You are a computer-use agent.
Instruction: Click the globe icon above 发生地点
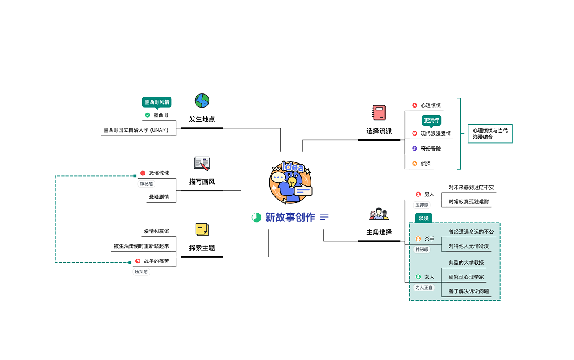tap(202, 101)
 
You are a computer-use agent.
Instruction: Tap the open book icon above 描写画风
tap(202, 163)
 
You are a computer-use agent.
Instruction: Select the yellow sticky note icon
tap(202, 229)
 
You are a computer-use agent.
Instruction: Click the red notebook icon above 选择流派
tap(379, 113)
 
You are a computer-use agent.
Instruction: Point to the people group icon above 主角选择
tap(379, 214)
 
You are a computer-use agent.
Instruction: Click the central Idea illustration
tap(291, 182)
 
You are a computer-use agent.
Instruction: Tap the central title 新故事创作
tap(290, 217)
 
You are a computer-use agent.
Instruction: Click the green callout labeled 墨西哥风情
tap(157, 102)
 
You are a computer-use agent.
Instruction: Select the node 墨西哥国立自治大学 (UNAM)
tap(136, 130)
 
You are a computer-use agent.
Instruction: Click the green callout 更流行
tap(431, 120)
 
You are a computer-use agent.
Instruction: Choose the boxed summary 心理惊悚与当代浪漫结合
tap(490, 134)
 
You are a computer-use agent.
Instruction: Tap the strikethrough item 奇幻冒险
tap(430, 148)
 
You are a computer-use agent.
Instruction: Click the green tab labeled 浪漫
tap(424, 218)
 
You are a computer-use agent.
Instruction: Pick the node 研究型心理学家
tap(466, 277)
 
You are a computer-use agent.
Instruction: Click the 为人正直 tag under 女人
tap(424, 288)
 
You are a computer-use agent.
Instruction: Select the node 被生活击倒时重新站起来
tap(141, 246)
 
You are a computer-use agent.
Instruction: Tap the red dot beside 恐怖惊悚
tap(143, 173)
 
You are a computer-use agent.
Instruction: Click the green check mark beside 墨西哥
tap(147, 115)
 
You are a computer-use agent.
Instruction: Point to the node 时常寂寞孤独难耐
tap(469, 202)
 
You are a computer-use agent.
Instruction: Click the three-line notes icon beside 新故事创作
tap(324, 217)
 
